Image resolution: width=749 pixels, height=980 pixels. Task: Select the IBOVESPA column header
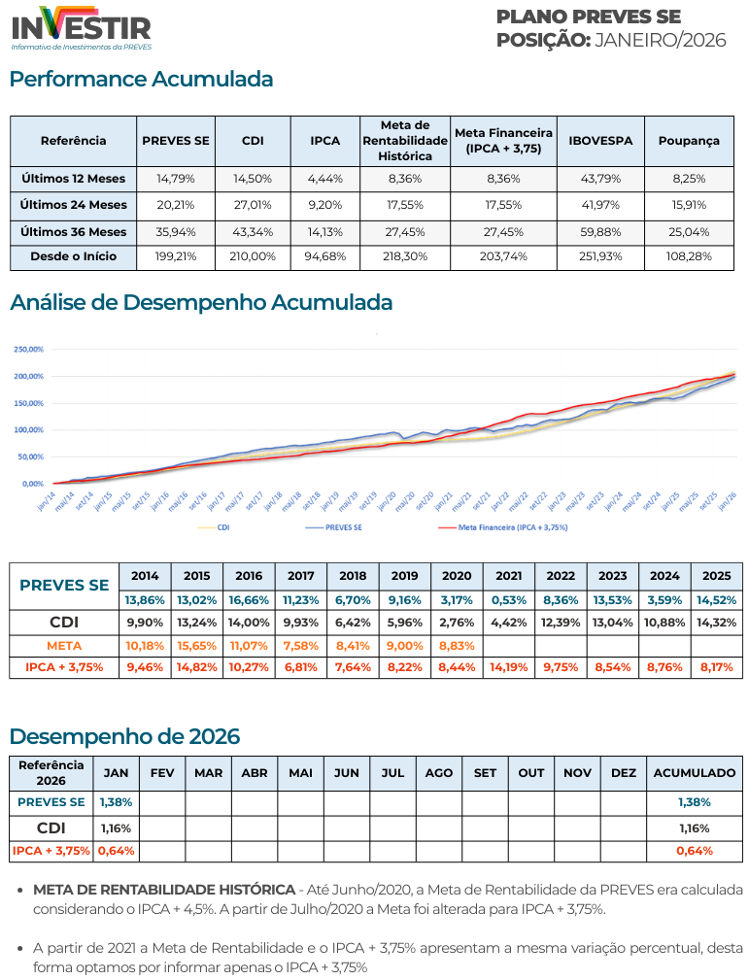pos(600,141)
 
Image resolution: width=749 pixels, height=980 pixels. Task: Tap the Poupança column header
pos(689,141)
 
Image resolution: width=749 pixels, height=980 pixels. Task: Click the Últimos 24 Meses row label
pos(74,205)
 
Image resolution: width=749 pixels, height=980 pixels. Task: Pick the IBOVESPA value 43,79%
pos(600,179)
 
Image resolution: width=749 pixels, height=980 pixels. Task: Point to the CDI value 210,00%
pos(253,256)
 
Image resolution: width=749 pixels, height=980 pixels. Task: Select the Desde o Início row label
pos(74,256)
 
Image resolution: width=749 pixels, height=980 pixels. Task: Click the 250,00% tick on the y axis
pos(30,349)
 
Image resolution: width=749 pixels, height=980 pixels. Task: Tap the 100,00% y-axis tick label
pos(30,429)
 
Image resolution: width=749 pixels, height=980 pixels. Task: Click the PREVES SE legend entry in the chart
pos(337,526)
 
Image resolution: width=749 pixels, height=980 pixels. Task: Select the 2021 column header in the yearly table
pos(509,575)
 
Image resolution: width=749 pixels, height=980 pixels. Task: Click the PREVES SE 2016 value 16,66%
pos(249,599)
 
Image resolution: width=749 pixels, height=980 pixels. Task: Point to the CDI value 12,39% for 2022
pos(561,622)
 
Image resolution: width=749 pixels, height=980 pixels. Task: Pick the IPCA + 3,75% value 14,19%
pos(509,667)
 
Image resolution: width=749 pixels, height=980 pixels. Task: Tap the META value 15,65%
pos(196,645)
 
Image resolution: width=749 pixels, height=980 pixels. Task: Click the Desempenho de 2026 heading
pos(124,736)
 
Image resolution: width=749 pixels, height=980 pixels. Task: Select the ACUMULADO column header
pos(694,773)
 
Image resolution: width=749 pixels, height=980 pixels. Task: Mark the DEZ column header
pos(624,773)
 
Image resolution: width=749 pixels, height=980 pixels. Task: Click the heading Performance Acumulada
pos(142,80)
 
